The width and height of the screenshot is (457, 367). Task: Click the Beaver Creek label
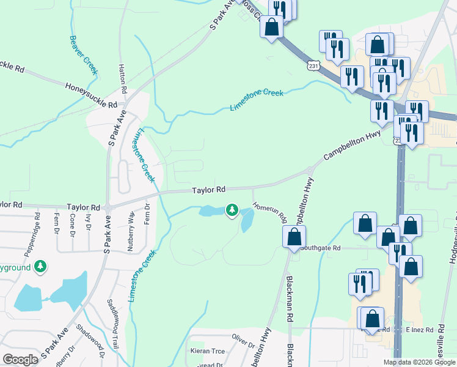(x=84, y=56)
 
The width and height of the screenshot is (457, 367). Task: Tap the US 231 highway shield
(x=313, y=65)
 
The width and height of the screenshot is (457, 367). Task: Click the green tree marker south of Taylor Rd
(x=232, y=210)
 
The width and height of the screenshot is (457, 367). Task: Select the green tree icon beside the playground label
(x=40, y=267)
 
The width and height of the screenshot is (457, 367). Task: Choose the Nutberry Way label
(x=131, y=231)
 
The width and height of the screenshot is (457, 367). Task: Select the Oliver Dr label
(x=243, y=337)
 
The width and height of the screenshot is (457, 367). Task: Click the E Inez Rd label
(x=419, y=329)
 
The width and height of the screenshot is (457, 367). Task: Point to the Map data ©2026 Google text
(x=419, y=362)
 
